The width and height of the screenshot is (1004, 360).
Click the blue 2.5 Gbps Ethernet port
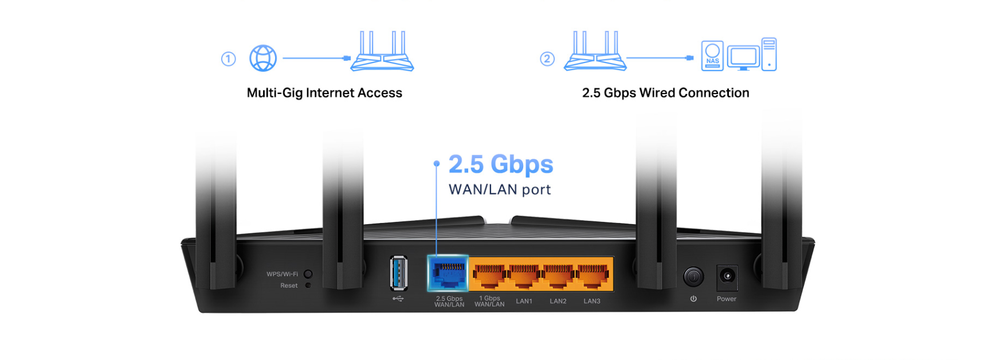click(448, 273)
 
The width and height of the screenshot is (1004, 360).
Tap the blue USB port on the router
click(399, 273)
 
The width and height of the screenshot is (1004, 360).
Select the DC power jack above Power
click(727, 277)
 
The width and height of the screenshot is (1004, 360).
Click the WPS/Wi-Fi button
click(308, 274)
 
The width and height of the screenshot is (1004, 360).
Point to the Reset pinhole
click(308, 285)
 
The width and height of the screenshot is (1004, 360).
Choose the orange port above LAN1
click(524, 275)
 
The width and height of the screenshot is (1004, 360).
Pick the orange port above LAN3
click(593, 275)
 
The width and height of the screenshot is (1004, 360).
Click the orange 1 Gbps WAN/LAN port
click(489, 275)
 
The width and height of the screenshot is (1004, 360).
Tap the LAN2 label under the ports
click(558, 301)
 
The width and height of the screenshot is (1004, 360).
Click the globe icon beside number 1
click(263, 58)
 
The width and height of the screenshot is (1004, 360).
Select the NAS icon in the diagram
click(712, 56)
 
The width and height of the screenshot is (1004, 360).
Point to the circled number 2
click(547, 58)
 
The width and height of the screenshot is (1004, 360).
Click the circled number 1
click(228, 59)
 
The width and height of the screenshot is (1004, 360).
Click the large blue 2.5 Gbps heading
click(500, 165)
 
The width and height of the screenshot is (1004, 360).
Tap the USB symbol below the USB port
click(398, 298)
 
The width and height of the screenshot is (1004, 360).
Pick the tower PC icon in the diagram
click(769, 54)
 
